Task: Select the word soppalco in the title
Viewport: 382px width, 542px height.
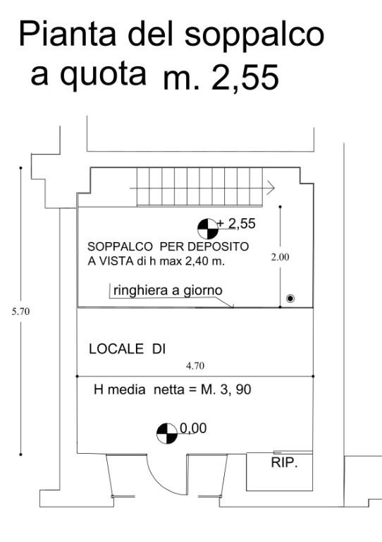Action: (257, 35)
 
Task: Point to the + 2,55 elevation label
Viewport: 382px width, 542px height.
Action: (237, 224)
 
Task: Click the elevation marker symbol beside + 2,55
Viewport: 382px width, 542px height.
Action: (207, 227)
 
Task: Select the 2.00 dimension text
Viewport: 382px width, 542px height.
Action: (280, 258)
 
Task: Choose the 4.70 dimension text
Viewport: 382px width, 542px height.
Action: (195, 366)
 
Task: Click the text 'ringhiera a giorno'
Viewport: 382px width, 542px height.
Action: (167, 290)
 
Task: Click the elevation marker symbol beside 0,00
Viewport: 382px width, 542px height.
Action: (166, 433)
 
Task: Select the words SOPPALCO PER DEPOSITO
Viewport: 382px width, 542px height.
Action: (167, 247)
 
